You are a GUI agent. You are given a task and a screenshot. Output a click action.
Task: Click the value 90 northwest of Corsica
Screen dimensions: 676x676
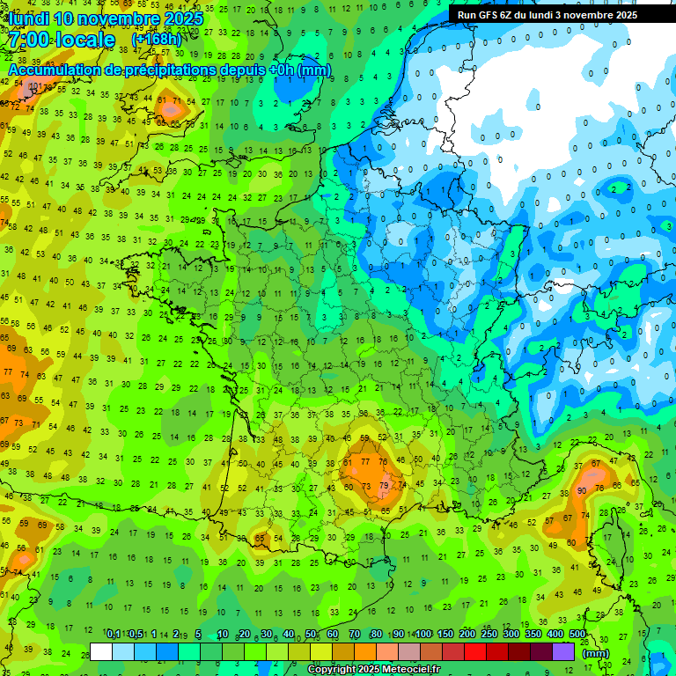click(x=582, y=490)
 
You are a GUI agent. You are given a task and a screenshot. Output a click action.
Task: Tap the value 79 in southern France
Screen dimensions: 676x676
click(x=383, y=485)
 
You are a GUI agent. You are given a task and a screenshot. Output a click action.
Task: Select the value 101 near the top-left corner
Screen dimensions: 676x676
click(x=35, y=86)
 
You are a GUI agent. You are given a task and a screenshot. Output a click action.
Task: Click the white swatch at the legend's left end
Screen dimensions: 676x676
click(x=101, y=651)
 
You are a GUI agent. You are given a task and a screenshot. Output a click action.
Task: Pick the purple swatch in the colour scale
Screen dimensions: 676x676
click(x=563, y=651)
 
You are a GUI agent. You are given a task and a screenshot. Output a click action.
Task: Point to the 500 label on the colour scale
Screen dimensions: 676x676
click(x=577, y=635)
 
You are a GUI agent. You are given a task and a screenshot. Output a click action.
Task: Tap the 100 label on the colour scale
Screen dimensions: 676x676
click(x=423, y=635)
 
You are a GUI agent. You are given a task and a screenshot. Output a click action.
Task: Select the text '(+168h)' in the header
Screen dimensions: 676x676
click(x=157, y=40)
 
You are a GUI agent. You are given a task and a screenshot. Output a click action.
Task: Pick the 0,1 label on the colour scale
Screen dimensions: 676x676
click(x=114, y=635)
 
